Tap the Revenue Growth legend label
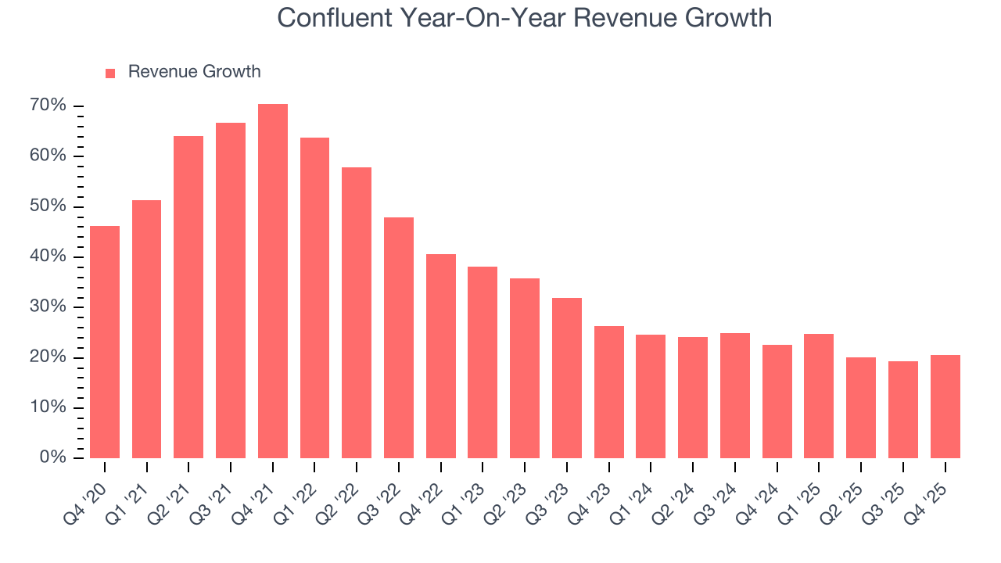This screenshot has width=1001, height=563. coord(194,72)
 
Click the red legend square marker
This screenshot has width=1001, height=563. coord(110,73)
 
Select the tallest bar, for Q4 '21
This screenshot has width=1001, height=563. coord(273,281)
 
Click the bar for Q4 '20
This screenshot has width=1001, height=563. coord(105,342)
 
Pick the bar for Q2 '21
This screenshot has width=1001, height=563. coord(188,297)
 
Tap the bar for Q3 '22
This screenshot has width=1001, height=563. coord(399,338)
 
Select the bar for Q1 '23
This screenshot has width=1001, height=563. coord(483,362)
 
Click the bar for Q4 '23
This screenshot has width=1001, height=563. coord(608,392)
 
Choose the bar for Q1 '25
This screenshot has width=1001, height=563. coord(819,396)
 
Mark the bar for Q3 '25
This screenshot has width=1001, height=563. coord(902,409)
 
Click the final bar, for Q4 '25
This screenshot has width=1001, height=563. coord(945,407)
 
